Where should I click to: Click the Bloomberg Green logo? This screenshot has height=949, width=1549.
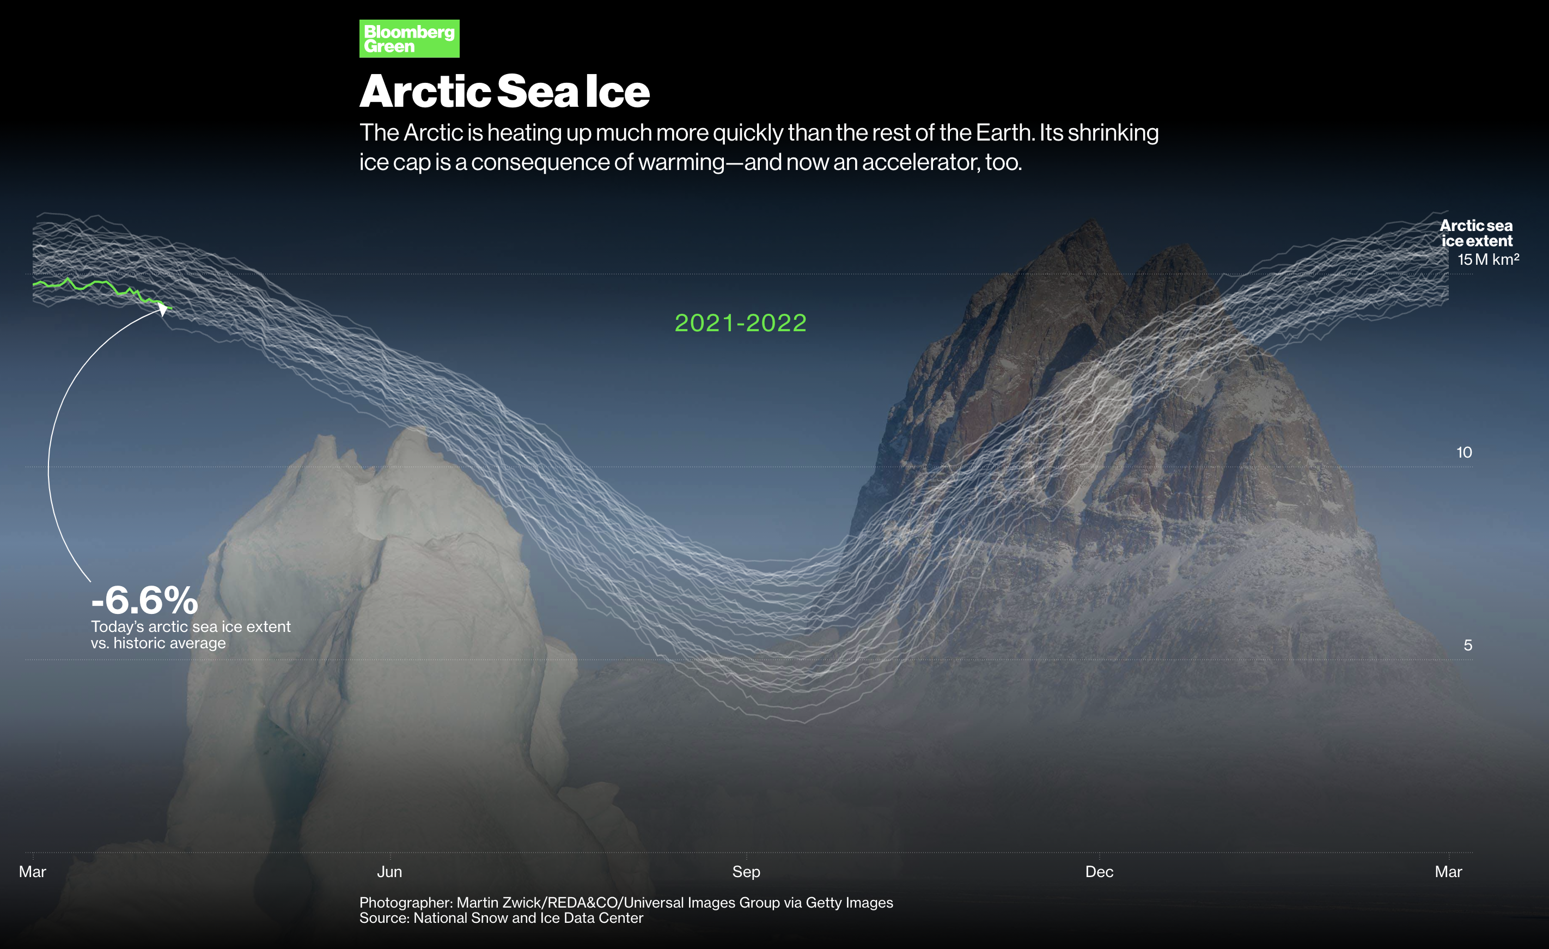pos(409,38)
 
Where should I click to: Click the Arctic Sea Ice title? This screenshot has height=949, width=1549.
pos(504,91)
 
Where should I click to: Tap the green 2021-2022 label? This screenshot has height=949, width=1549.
pos(741,323)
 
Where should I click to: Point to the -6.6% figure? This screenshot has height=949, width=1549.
pos(144,600)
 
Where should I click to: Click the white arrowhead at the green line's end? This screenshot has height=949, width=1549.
pos(163,309)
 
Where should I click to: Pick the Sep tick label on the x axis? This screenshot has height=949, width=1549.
pos(746,872)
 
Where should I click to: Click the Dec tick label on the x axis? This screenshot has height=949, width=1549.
pos(1100,872)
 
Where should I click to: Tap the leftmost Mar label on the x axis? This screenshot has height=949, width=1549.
pos(33,872)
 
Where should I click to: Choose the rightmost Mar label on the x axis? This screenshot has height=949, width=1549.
pos(1448,872)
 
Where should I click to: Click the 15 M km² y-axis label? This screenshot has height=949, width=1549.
pos(1488,259)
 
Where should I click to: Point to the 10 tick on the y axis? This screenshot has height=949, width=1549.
pos(1464,452)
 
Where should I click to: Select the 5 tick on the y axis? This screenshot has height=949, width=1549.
pos(1468,645)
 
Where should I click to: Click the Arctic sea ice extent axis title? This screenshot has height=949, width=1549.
pos(1476,233)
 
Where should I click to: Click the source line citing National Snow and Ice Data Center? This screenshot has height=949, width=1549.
pos(501,918)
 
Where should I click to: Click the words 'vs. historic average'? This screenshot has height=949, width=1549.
pos(158,643)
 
